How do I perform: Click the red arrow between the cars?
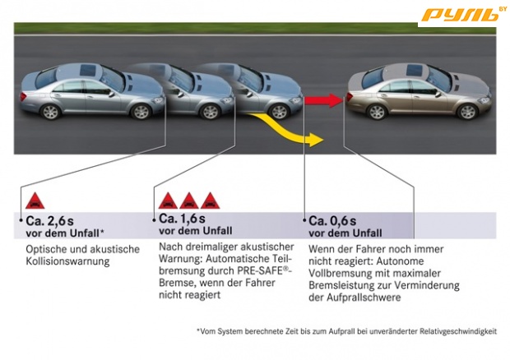[x=323, y=100]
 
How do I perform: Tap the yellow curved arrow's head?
[x=315, y=140]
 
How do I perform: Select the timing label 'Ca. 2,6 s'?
[x=49, y=221]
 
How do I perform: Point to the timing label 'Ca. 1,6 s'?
[x=182, y=219]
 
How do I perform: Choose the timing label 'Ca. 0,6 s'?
[x=332, y=221]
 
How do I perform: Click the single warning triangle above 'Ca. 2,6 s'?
[x=35, y=201]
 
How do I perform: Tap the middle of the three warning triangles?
[x=189, y=201]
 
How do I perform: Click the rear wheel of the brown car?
[x=377, y=112]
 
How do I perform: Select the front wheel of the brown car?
[x=467, y=112]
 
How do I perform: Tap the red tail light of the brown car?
[x=350, y=97]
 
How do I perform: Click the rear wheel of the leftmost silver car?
[x=50, y=112]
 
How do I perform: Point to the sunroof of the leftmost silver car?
[x=87, y=70]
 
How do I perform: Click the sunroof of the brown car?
[x=414, y=70]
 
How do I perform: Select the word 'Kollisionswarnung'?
[x=67, y=261]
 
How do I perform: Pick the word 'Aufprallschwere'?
[x=364, y=298]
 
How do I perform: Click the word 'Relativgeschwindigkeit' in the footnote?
[x=458, y=331]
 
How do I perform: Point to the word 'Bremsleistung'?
[x=341, y=285]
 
